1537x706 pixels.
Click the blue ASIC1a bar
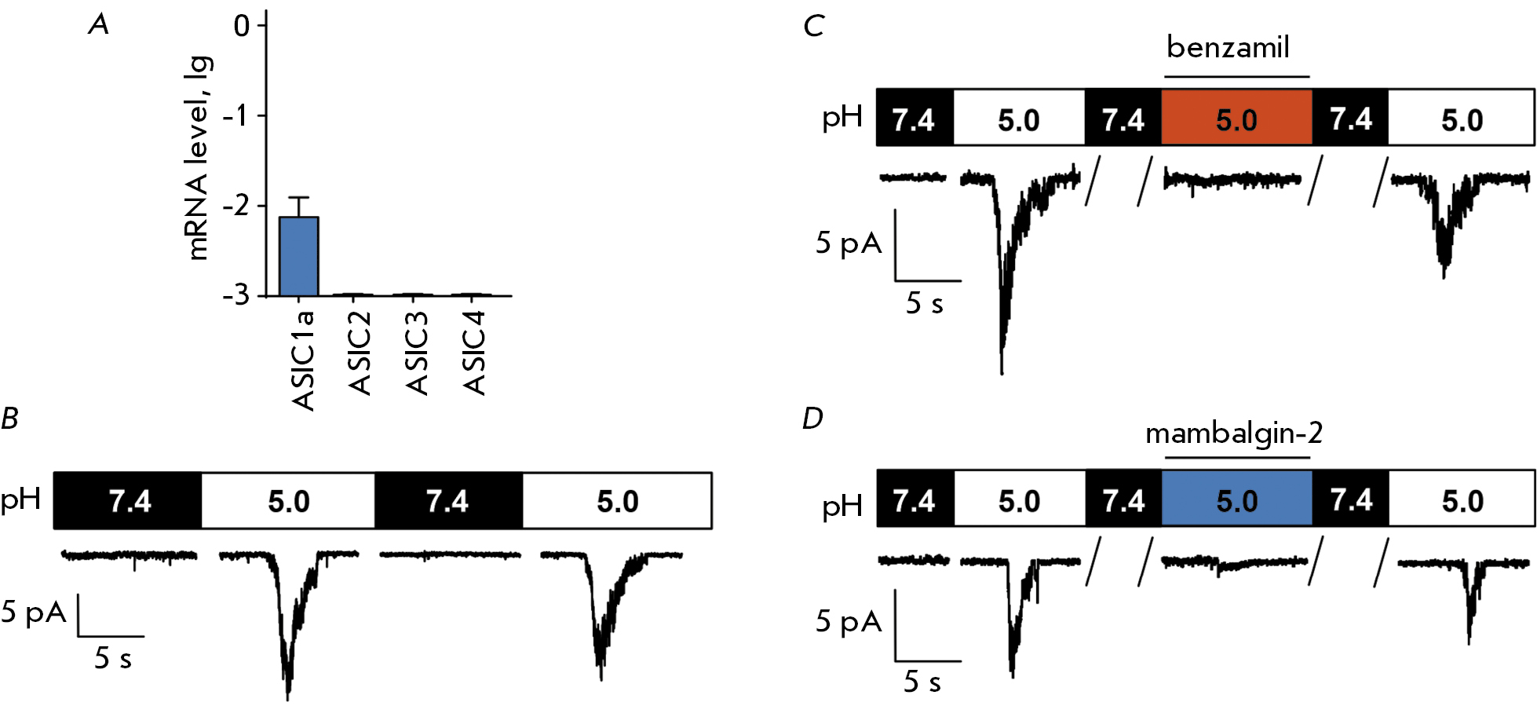[x=299, y=256]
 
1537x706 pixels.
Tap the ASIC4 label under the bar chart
[x=474, y=353]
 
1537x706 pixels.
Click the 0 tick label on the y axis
[x=241, y=26]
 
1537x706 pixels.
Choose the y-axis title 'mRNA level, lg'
[x=199, y=158]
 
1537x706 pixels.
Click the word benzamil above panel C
[x=1228, y=47]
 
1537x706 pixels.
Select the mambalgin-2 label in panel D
[x=1234, y=433]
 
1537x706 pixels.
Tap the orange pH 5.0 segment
[x=1236, y=118]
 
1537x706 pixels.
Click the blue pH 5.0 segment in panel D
[x=1236, y=499]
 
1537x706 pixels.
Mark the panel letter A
[x=99, y=25]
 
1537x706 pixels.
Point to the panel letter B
[x=10, y=419]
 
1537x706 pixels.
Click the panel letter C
[x=813, y=26]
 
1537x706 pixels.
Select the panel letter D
[x=812, y=419]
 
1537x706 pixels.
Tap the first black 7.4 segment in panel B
[x=128, y=500]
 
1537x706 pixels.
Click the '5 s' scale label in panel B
[x=113, y=658]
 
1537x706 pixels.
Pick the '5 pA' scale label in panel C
[x=849, y=243]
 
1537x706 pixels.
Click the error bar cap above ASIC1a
[x=299, y=197]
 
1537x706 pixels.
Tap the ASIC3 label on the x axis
[x=417, y=353]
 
